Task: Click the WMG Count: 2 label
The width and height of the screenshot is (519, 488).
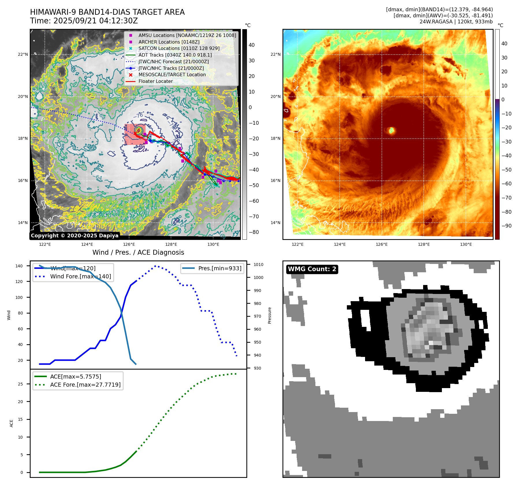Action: pos(312,269)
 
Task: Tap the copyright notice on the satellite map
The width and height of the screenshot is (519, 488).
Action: pos(75,236)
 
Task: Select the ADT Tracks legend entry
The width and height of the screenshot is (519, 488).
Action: pos(175,55)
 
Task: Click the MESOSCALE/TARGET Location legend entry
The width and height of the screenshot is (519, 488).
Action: pos(172,74)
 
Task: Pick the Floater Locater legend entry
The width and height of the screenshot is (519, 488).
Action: pos(155,81)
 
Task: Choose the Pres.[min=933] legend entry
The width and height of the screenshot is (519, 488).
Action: pos(220,268)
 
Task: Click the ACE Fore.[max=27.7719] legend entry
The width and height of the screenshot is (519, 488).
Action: pos(85,385)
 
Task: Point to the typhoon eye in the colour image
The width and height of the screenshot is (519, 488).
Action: pos(391,130)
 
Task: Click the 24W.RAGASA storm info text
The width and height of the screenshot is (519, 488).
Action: pos(456,22)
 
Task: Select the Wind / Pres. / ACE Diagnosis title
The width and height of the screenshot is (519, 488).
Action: pos(138,252)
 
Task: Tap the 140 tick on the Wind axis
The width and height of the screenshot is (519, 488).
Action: pos(19,266)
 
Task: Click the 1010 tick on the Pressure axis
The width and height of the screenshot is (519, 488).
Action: pos(258,265)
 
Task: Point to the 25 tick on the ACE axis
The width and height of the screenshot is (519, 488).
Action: pos(21,384)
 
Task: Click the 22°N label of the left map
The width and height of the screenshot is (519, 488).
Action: pos(23,54)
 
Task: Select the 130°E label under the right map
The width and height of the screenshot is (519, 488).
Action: pos(466,244)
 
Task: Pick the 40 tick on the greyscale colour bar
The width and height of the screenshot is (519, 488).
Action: pos(252,45)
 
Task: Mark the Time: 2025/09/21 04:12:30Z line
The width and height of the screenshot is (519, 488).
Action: pos(84,21)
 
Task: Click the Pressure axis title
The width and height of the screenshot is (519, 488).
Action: pos(269,315)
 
